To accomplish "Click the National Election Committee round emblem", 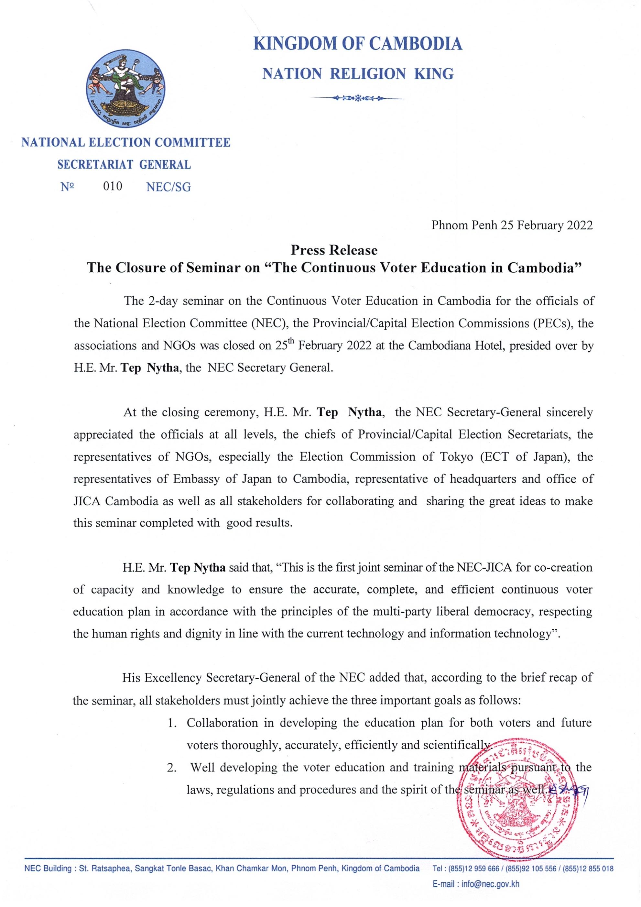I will (x=125, y=91).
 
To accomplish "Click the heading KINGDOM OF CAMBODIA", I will (x=358, y=43).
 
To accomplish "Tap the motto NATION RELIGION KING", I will (x=358, y=74).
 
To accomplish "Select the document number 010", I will (x=113, y=186).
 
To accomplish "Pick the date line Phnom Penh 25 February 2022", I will (x=512, y=225).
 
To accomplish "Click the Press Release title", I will (x=334, y=250).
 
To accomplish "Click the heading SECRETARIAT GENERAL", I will (x=124, y=164).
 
